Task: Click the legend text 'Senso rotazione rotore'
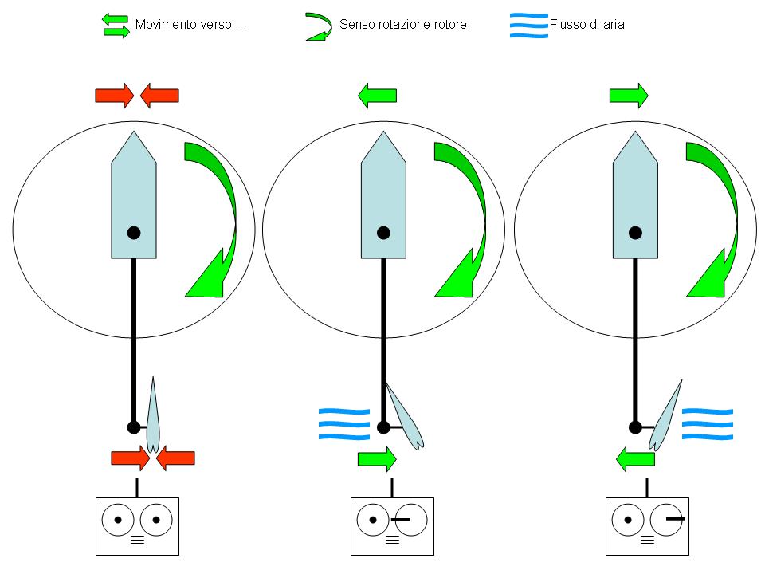coord(402,25)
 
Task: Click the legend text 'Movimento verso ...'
coord(190,25)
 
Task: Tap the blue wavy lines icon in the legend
coord(529,25)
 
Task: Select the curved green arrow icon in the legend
coord(319,26)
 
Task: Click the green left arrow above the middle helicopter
coord(377,96)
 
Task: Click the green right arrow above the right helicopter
coord(629,96)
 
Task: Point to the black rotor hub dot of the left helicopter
coord(134,233)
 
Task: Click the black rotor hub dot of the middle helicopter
coord(383,233)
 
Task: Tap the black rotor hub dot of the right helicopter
coord(635,233)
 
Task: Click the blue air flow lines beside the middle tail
coord(344,423)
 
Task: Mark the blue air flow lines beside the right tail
coord(707,423)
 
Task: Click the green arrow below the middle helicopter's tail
coord(377,459)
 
